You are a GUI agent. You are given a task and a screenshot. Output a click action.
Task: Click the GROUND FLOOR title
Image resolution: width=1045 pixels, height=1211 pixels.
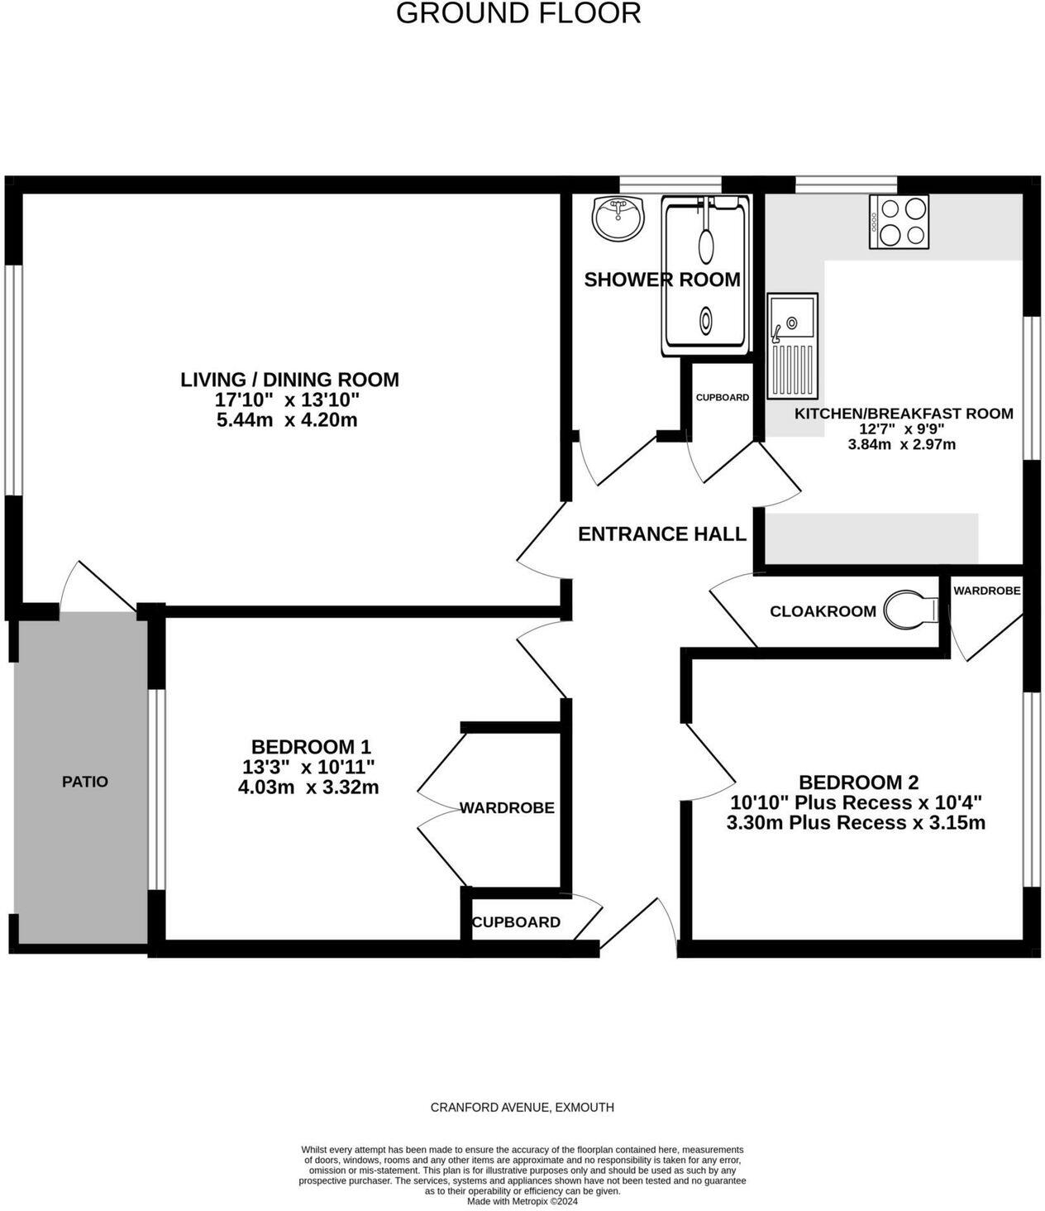pyautogui.click(x=518, y=13)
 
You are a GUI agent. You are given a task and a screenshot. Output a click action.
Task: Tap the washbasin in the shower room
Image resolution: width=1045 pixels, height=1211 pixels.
pyautogui.click(x=618, y=218)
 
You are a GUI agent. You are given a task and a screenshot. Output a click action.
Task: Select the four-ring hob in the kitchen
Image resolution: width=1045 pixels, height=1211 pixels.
pyautogui.click(x=899, y=222)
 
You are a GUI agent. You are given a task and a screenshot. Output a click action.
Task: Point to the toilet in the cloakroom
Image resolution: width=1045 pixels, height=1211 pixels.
pyautogui.click(x=910, y=611)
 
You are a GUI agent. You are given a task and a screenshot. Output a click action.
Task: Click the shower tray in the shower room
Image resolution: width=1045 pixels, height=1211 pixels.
pyautogui.click(x=705, y=275)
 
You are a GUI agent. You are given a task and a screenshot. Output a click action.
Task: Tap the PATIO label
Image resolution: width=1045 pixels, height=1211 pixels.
pyautogui.click(x=85, y=782)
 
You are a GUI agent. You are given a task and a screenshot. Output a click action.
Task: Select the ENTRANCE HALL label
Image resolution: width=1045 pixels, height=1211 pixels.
pyautogui.click(x=661, y=534)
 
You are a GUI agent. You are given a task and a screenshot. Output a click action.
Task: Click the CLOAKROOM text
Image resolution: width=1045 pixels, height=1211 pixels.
pyautogui.click(x=823, y=611)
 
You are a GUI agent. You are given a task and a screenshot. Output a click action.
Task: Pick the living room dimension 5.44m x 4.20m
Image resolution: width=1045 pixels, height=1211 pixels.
pyautogui.click(x=287, y=420)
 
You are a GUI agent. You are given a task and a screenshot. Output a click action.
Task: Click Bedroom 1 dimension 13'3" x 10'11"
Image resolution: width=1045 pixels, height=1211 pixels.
pyautogui.click(x=308, y=767)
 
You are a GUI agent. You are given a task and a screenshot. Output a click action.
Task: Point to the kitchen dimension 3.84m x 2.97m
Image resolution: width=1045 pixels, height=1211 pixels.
pyautogui.click(x=902, y=445)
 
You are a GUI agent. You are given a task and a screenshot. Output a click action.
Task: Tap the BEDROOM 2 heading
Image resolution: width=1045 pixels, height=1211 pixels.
pyautogui.click(x=858, y=783)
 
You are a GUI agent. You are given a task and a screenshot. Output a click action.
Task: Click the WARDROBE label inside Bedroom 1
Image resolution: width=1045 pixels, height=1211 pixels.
pyautogui.click(x=507, y=808)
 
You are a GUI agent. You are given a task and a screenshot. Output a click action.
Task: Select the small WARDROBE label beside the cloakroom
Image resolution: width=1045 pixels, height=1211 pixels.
pyautogui.click(x=986, y=591)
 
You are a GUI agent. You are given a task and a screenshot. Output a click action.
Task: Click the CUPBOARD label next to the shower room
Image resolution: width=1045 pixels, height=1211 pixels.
pyautogui.click(x=722, y=398)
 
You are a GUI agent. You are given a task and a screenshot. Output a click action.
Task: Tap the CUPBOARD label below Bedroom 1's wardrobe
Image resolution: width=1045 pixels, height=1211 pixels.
pyautogui.click(x=516, y=922)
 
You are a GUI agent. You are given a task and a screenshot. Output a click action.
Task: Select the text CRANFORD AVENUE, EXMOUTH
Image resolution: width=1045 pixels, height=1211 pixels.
pyautogui.click(x=522, y=1108)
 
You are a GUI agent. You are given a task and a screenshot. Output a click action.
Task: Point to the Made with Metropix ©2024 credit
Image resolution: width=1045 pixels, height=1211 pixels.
pyautogui.click(x=522, y=1202)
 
